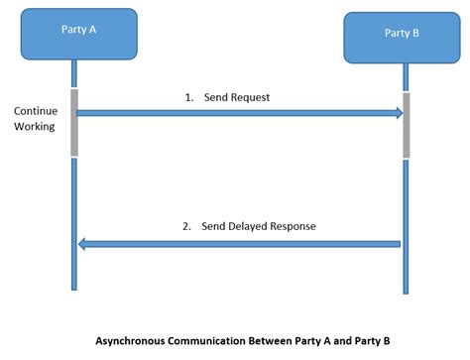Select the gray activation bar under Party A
pos(74,122)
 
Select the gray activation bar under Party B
pos(406,126)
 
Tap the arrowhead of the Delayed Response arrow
pos(84,244)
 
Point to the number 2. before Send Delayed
pos(186,226)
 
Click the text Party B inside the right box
pos(402,34)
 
